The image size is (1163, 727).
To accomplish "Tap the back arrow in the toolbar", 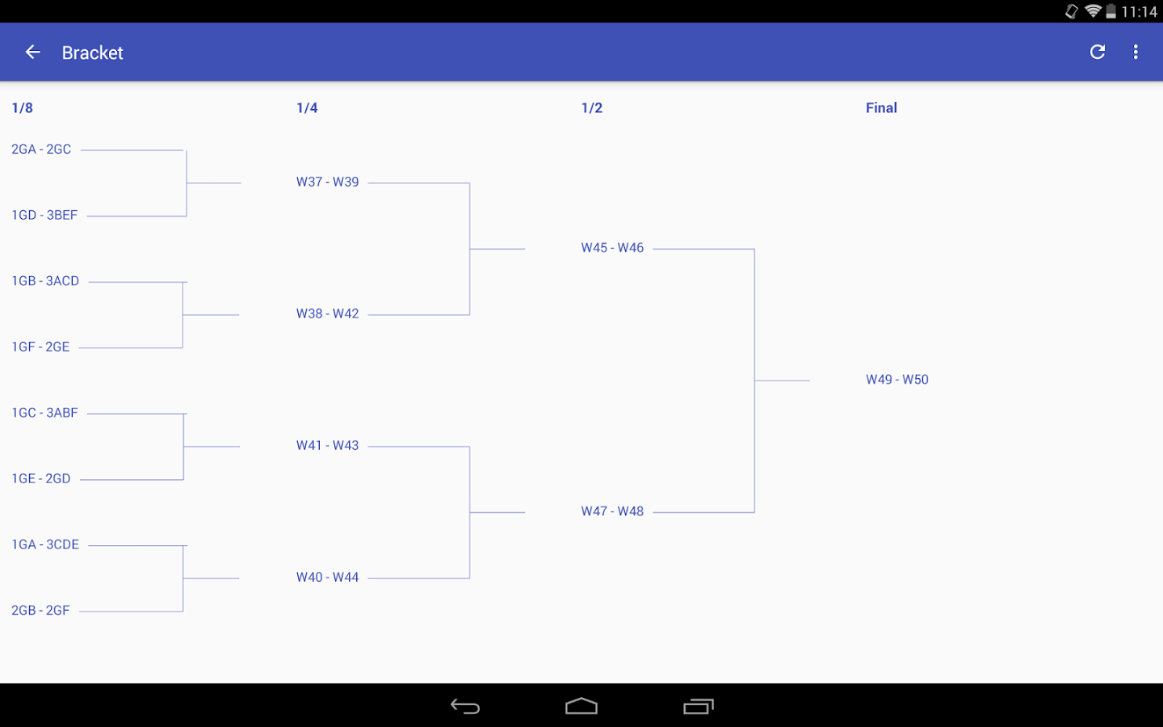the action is click(32, 52).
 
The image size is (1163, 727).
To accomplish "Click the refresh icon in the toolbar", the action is click(1097, 52).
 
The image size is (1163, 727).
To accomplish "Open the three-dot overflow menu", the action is click(1136, 52).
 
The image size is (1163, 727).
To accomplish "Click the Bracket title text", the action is click(92, 53).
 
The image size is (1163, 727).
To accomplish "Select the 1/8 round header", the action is click(23, 108).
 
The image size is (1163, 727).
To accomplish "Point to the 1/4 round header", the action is click(307, 108).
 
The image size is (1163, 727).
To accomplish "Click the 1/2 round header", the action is click(592, 108).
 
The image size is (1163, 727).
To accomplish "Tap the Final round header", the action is click(881, 108).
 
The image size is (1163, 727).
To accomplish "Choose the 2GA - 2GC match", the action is click(41, 149).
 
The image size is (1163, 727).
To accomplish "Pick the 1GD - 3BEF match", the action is click(44, 216).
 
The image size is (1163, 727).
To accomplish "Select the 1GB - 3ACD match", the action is click(45, 281).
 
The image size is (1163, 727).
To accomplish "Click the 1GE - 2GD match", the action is click(41, 479).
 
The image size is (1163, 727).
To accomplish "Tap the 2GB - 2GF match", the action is click(40, 611).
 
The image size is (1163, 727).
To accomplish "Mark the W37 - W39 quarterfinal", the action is click(328, 183).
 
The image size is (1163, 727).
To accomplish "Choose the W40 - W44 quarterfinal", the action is click(328, 578).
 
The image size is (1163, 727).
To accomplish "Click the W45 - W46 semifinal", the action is click(613, 248).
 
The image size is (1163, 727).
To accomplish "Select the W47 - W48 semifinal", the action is click(613, 511).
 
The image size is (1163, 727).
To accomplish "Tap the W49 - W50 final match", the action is click(897, 380).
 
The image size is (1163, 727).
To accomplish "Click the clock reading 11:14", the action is click(1139, 12).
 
